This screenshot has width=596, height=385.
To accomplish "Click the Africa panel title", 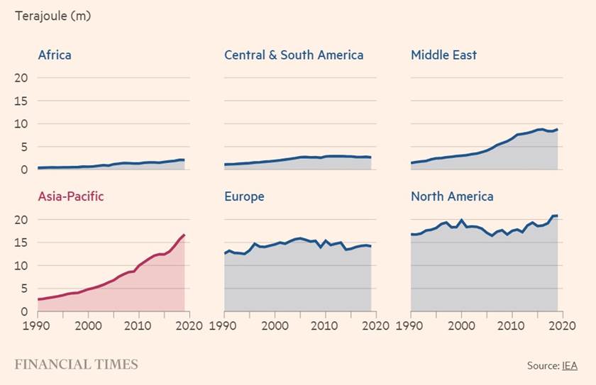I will click(x=55, y=55).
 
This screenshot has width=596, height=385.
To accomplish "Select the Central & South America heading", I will click(x=294, y=55).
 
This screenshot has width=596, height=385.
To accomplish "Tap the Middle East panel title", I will click(x=444, y=55).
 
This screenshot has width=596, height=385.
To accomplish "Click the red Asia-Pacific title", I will click(x=71, y=196).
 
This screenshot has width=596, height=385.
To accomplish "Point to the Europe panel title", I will click(x=244, y=196).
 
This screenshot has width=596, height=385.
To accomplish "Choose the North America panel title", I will click(x=452, y=196).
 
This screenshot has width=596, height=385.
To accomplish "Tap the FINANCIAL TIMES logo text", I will click(x=77, y=364).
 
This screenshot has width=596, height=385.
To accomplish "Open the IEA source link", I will click(x=570, y=365).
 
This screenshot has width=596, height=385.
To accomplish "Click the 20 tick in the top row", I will click(x=21, y=78).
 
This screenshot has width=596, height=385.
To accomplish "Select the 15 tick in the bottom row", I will click(x=21, y=242).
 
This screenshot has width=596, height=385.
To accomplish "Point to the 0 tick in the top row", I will click(x=23, y=169).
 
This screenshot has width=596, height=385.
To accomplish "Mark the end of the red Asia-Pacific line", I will click(x=184, y=235).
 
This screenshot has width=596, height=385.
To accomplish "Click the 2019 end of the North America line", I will click(x=557, y=216).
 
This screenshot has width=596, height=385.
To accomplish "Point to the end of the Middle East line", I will click(x=557, y=129).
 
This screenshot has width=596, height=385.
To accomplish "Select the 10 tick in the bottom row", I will click(x=21, y=266).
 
